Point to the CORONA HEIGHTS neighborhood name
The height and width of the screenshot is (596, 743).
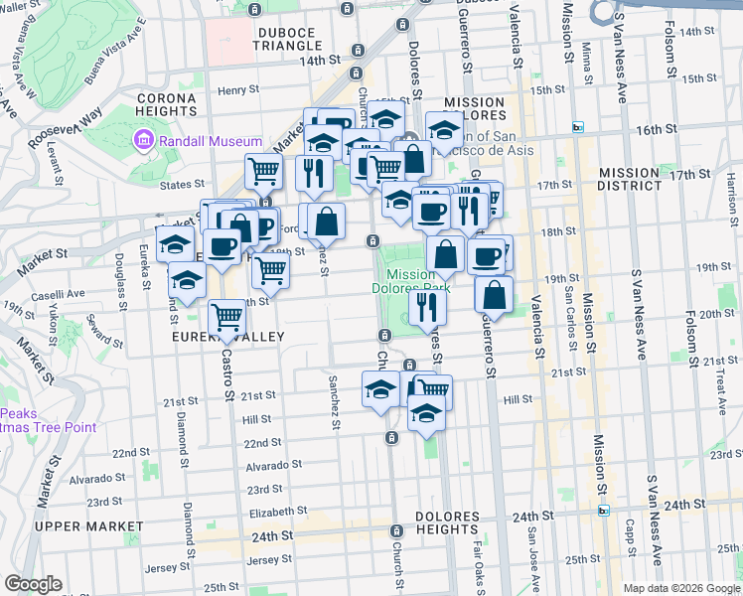coord(167,104)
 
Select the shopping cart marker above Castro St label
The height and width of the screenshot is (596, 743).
coord(228,319)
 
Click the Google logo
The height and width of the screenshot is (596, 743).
coord(32,584)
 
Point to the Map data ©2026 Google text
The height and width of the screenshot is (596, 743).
coord(681,587)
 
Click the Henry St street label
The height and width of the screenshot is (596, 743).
coord(238,90)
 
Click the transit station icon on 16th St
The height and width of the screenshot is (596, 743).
coord(577,127)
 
